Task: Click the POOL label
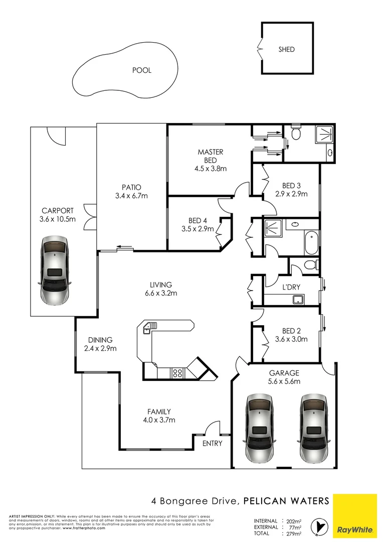pos(141,70)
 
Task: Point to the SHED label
pos(287,49)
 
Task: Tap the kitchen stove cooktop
pos(177,372)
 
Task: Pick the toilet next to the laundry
pos(311,264)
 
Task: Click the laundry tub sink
pos(299,300)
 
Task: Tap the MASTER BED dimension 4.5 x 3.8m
pos(211,169)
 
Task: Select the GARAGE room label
pos(284,373)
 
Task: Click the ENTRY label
pos(212,444)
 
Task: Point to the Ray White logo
pos(355,515)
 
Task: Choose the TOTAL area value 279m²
pos(293,533)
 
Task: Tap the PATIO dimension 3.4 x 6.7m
pos(130,196)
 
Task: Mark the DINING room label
pos(100,340)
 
